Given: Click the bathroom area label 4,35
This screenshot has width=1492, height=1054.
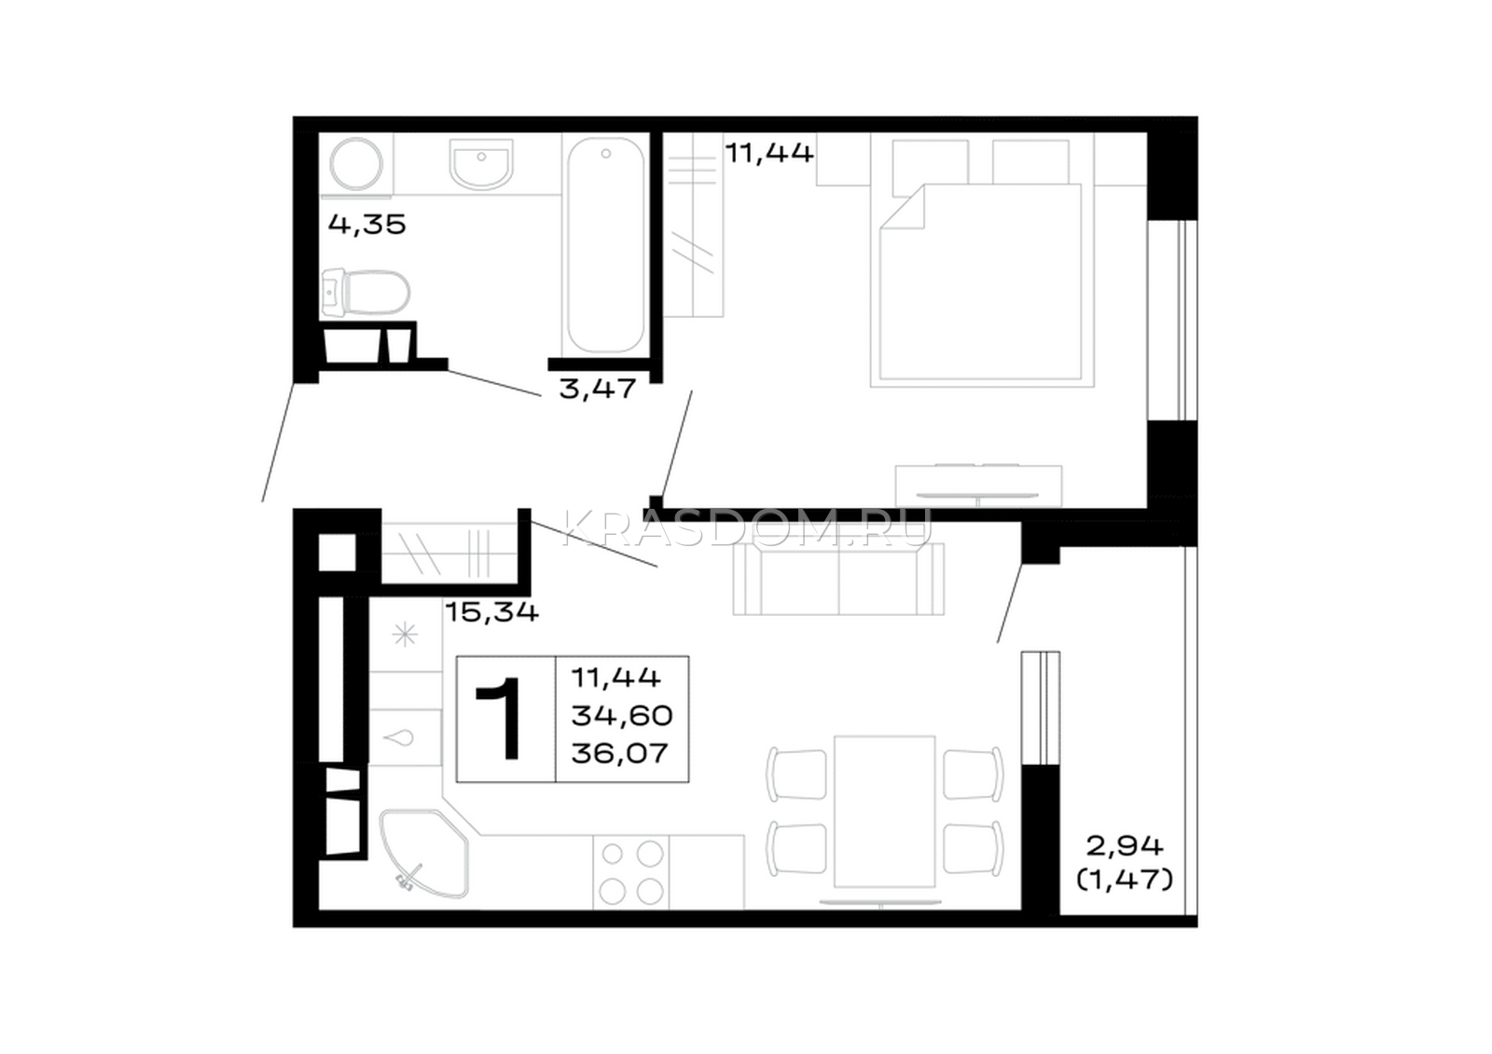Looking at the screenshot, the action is [x=367, y=225].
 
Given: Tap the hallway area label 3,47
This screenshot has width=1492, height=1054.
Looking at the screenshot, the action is [x=598, y=389].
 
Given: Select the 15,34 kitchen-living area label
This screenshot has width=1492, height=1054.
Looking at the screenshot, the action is [x=491, y=612].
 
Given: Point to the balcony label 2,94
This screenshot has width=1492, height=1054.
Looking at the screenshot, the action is [x=1125, y=846].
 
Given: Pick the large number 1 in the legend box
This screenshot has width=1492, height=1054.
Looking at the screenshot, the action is [x=501, y=719].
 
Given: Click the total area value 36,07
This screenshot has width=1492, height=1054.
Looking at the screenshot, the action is [x=619, y=754].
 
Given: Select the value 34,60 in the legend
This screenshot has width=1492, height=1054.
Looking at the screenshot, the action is [x=622, y=716].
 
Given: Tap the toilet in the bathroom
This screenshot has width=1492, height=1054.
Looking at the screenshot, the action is [x=365, y=293].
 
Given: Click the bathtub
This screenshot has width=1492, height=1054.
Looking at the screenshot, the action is [x=605, y=244].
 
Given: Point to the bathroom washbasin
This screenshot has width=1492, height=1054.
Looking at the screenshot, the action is [x=481, y=164].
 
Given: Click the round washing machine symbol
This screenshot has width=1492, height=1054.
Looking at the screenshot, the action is [x=356, y=164].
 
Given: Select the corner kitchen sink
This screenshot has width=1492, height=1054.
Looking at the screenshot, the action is [x=423, y=854].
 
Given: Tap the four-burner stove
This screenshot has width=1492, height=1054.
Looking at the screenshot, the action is [x=632, y=872].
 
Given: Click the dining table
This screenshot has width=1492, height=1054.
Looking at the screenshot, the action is [x=885, y=812].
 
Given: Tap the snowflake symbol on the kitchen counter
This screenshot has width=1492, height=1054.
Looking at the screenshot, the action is [x=405, y=635].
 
